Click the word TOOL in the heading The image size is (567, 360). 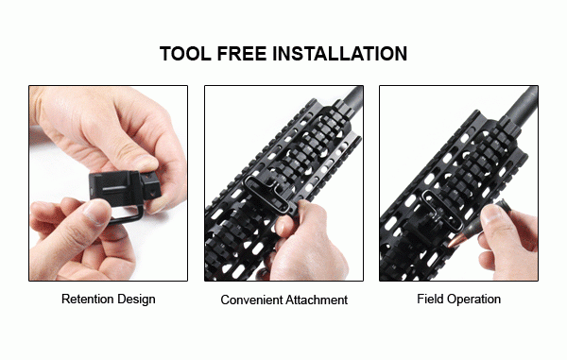click(185, 54)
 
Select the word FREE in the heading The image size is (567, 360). click(242, 54)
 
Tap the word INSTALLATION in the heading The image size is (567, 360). click(339, 54)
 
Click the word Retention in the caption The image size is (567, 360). click(87, 299)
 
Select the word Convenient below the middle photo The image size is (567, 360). click(251, 300)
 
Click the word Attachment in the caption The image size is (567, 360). click(317, 300)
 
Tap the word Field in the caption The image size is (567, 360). click(430, 299)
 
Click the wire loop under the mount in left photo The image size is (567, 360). click(127, 215)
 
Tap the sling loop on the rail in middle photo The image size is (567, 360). click(266, 194)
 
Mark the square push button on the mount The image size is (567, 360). click(151, 183)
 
